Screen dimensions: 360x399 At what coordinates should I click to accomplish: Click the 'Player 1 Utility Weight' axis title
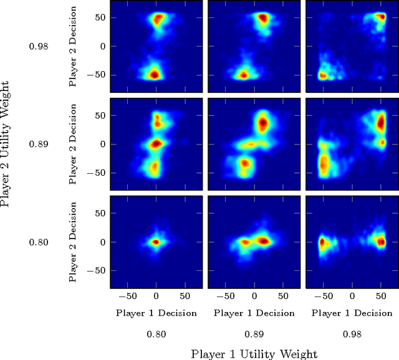click(254, 353)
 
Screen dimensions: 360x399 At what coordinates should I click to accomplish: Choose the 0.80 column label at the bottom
click(156, 334)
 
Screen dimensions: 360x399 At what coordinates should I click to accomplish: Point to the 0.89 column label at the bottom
click(254, 334)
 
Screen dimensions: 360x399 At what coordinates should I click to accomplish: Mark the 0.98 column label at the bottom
click(352, 334)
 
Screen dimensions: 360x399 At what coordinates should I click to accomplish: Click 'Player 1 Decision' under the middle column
click(254, 313)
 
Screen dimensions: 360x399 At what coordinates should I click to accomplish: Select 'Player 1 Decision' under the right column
click(352, 313)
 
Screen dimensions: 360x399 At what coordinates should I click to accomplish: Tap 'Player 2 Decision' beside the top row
click(74, 47)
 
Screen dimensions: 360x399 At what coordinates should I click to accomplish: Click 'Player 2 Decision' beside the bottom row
click(74, 242)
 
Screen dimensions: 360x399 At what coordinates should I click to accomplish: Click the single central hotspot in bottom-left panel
click(156, 242)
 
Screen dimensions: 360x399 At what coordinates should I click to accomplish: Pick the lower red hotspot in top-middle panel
click(244, 75)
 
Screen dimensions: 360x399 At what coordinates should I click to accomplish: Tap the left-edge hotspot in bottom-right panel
click(322, 242)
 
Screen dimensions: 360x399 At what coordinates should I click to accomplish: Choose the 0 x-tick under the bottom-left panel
click(156, 296)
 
